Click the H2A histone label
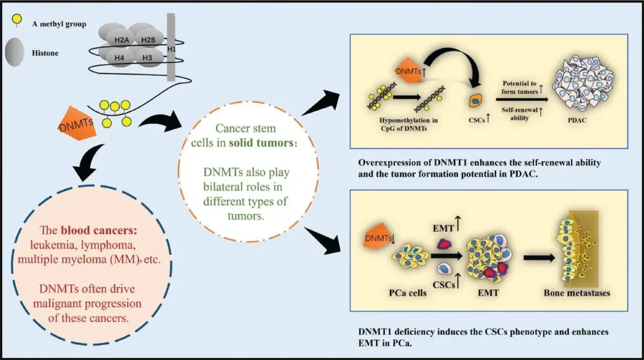122,40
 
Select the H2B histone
148,40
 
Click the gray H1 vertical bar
171,47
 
